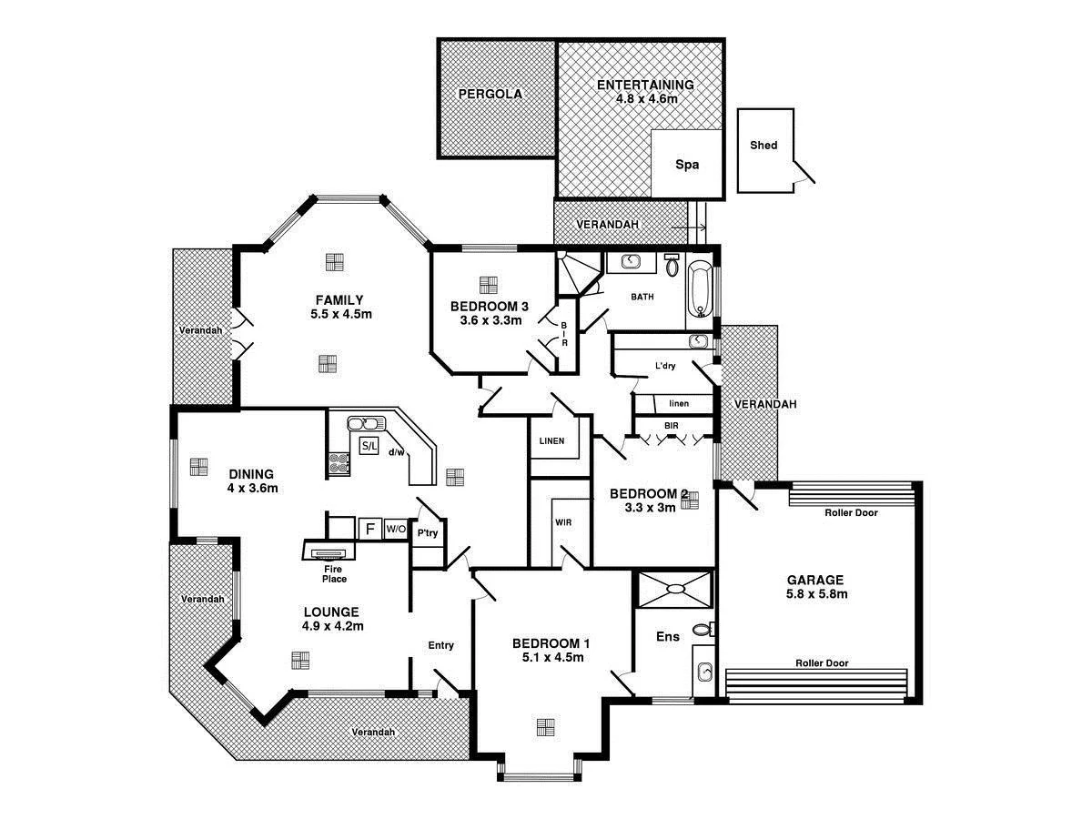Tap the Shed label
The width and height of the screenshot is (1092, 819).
pos(763,145)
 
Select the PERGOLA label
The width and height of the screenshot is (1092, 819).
pos(490,93)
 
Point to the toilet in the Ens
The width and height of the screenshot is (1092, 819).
pos(703,630)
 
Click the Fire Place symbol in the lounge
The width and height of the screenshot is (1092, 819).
pos(328,552)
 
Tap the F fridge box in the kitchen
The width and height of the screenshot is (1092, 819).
pos(369,529)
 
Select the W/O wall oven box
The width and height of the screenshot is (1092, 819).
pos(395,529)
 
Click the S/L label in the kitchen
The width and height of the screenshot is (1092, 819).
pos(369,446)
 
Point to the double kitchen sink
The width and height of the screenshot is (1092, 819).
pos(368,423)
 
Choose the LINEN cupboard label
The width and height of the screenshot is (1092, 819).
pos(552,441)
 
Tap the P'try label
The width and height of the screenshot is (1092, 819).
pos(427,534)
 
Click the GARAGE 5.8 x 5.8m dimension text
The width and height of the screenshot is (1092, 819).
pos(817,594)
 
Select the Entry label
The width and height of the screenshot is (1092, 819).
pos(440,645)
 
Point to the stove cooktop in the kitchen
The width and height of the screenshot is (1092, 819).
pos(339,464)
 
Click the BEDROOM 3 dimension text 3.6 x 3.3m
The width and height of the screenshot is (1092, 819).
pos(491,319)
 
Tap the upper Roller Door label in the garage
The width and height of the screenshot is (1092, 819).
pos(851,512)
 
